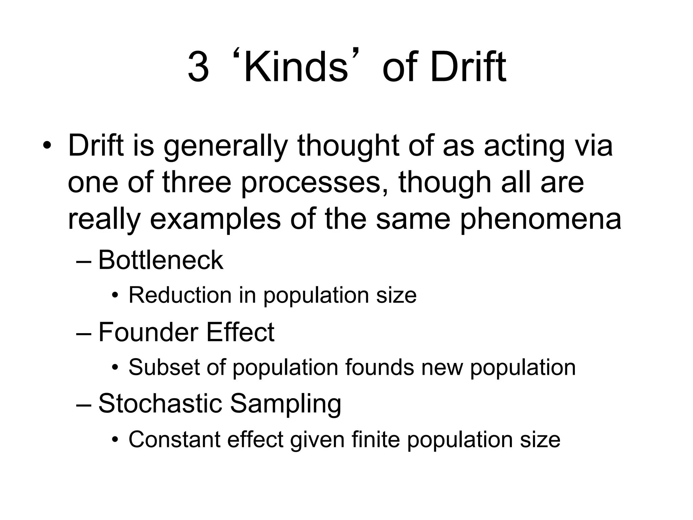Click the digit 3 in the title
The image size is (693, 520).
198,67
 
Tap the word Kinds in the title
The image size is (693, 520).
295,67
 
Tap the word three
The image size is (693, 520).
197,182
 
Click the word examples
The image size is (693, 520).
215,220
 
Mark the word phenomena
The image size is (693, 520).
541,220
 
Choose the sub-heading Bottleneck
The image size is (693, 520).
161,260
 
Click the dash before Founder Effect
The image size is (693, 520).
84,333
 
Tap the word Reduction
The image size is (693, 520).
180,295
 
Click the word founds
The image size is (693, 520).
379,367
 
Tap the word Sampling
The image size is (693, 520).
285,404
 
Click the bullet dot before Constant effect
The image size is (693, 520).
115,440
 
